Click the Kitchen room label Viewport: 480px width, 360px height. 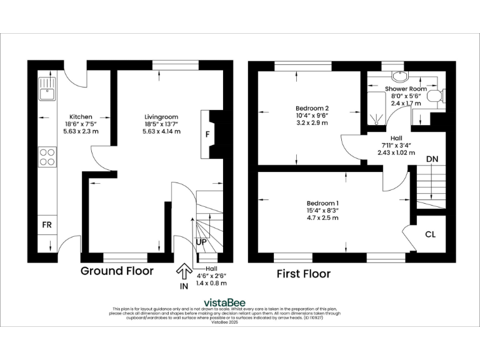pyautogui.click(x=81, y=117)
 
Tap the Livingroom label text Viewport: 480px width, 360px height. pyautogui.click(x=161, y=117)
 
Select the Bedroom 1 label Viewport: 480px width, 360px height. pyautogui.click(x=322, y=203)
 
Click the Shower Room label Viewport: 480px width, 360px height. pyautogui.click(x=406, y=89)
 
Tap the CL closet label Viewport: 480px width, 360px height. pyautogui.click(x=430, y=234)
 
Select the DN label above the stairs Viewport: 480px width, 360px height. pyautogui.click(x=432, y=159)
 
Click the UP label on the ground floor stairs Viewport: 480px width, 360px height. pyautogui.click(x=202, y=241)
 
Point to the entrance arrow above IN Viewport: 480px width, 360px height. pyautogui.click(x=184, y=271)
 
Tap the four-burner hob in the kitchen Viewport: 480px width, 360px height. pyautogui.click(x=47, y=157)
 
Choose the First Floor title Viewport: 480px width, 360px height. pyautogui.click(x=304, y=274)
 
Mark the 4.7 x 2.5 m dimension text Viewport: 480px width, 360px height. pyautogui.click(x=322, y=218)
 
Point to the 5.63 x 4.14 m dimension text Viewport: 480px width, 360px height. pyautogui.click(x=161, y=131)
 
